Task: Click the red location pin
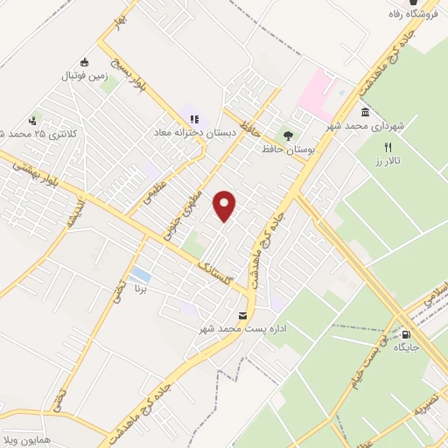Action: click(226, 206)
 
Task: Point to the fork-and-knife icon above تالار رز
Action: click(388, 148)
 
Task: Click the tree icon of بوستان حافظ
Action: click(287, 136)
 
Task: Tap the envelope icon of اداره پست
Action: click(242, 315)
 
